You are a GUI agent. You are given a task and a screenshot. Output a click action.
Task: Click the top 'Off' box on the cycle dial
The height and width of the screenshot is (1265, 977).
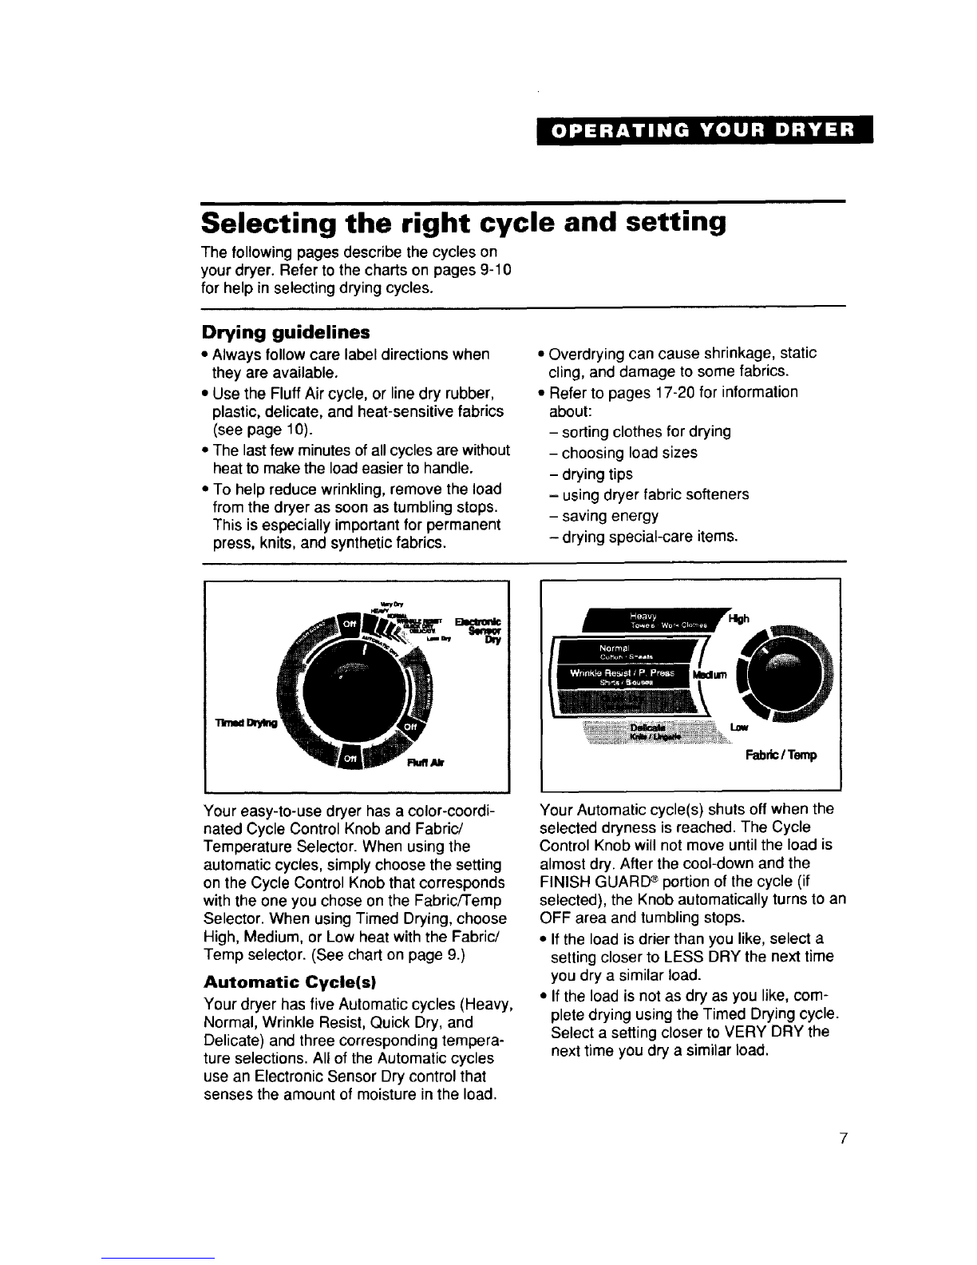(x=351, y=622)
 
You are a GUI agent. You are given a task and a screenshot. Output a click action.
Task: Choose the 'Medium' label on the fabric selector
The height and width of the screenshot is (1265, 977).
(x=712, y=676)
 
